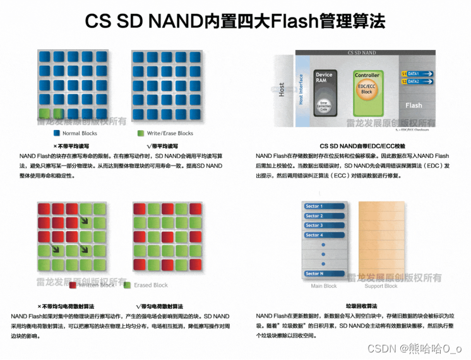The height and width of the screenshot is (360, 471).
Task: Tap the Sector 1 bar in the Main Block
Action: (x=325, y=207)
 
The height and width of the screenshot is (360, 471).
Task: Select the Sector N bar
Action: (x=325, y=273)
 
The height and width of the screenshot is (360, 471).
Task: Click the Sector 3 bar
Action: (x=325, y=225)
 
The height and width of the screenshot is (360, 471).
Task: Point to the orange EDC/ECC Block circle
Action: (x=367, y=88)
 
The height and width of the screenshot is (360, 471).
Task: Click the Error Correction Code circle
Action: (x=324, y=105)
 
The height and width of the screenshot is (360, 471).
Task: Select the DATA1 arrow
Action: (x=417, y=74)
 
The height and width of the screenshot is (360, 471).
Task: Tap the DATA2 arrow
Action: (x=417, y=81)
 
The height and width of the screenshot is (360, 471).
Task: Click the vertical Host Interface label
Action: (x=301, y=90)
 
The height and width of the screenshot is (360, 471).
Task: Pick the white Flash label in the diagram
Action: (x=414, y=105)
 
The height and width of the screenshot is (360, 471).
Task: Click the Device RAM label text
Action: (x=324, y=78)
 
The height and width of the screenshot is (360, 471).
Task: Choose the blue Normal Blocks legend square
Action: (x=56, y=133)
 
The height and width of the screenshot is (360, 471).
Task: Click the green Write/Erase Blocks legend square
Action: (x=141, y=133)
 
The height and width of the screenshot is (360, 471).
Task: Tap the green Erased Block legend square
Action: (x=128, y=285)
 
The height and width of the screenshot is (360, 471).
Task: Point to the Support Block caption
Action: (x=381, y=286)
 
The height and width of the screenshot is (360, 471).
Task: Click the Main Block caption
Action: (x=324, y=286)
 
